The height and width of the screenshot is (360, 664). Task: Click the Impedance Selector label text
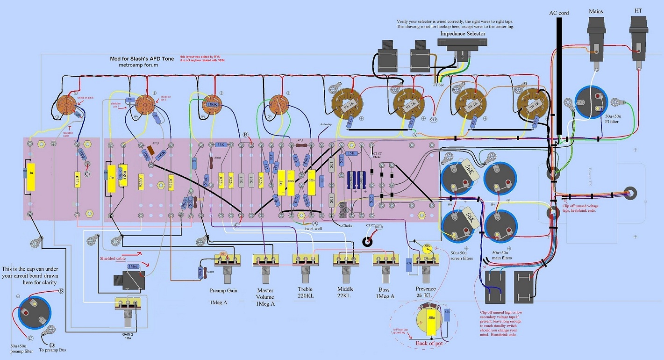pyautogui.click(x=463, y=34)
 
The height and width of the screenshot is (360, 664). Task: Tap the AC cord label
pyautogui.click(x=558, y=13)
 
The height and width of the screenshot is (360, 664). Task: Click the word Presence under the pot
pyautogui.click(x=425, y=289)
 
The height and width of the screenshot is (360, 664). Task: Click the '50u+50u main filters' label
pyautogui.click(x=502, y=255)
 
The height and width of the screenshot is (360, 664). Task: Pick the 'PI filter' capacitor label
pyautogui.click(x=612, y=122)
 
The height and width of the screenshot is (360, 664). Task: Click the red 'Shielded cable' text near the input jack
pyautogui.click(x=113, y=258)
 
